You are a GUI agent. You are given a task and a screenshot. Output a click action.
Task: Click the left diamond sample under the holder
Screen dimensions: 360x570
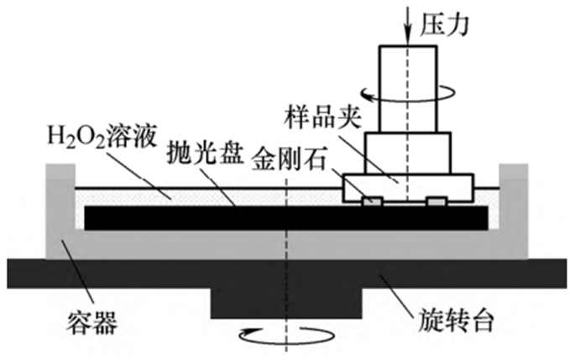tap(371, 201)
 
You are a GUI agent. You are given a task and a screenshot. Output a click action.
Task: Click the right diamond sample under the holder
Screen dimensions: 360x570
tap(437, 201)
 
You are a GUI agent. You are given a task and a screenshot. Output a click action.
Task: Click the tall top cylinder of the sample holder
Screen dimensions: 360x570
tap(407, 84)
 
